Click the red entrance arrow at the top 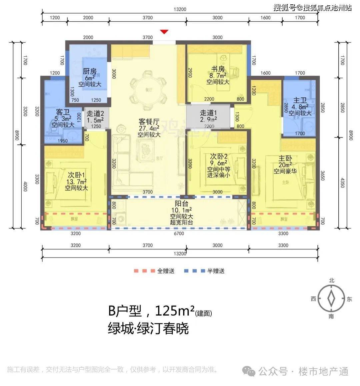(x=164, y=32)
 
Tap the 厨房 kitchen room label (x=90, y=71)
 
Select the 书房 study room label (x=218, y=69)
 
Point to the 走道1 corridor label (x=208, y=113)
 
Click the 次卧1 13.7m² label (x=76, y=175)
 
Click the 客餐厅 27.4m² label (x=149, y=122)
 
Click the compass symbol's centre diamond (x=331, y=298)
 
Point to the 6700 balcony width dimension (x=179, y=234)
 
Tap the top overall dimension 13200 (x=180, y=9)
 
